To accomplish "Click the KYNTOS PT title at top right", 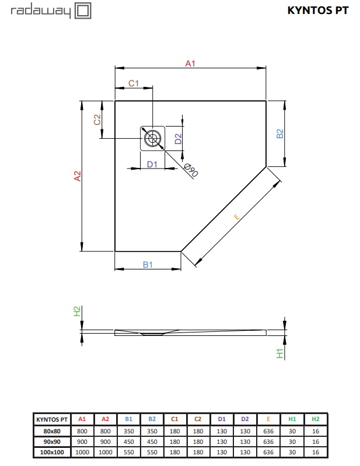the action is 318,10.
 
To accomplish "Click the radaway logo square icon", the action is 83,11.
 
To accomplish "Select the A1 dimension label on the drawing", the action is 190,64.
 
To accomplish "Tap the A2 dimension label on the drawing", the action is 77,176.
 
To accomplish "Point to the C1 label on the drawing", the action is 134,83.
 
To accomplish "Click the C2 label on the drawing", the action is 97,120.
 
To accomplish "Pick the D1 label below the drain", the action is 152,164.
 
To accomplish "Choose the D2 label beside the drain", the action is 178,139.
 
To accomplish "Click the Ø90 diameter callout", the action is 191,170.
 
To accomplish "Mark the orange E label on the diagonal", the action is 237,216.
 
